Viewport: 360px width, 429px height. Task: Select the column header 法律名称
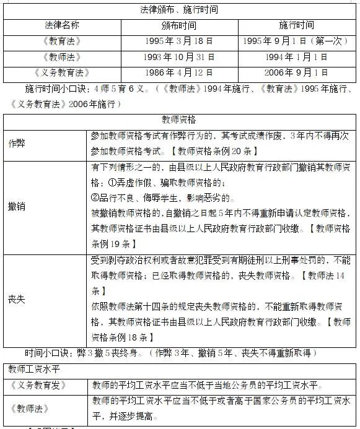(62, 26)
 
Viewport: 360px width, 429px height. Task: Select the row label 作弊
(17, 142)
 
